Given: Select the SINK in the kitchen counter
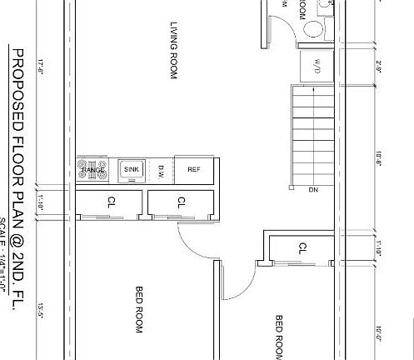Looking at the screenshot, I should coord(132,169).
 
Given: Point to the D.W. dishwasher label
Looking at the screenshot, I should coord(162,170).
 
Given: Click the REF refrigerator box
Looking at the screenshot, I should coord(194,169).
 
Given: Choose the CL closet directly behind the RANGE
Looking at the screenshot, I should coord(111,202).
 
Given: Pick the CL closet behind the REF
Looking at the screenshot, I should coord(182,202).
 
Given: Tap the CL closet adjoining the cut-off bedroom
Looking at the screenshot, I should coord(302,247).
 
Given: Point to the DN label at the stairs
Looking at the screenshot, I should coord(313,190).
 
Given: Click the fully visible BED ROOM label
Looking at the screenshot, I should coord(140,309).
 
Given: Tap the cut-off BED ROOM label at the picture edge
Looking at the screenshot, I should coord(280,337).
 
